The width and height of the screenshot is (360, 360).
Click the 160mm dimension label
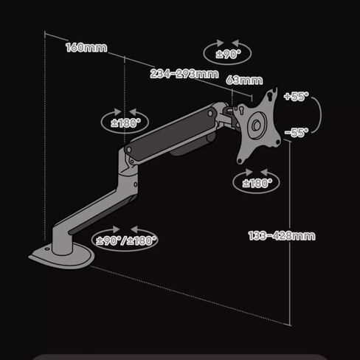tap(86, 47)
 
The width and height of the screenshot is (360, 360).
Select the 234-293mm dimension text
tap(184, 74)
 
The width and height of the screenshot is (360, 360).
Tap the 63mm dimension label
tap(244, 80)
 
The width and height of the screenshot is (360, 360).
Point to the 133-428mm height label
tap(282, 235)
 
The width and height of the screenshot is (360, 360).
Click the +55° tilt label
tap(296, 96)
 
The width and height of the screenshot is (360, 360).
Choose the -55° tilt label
tap(297, 133)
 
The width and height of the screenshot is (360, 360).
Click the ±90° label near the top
tap(229, 54)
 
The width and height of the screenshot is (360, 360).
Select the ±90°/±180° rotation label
tap(126, 240)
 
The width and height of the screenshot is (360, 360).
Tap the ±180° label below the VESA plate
tap(257, 183)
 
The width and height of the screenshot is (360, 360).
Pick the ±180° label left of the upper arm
tap(125, 123)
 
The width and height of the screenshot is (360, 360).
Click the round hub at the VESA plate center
tap(257, 125)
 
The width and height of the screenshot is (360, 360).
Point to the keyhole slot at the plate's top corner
tap(271, 95)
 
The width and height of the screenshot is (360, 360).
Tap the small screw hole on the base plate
tap(47, 249)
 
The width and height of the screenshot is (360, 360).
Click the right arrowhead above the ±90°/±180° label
tap(134, 229)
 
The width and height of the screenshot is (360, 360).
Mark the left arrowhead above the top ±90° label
tap(220, 43)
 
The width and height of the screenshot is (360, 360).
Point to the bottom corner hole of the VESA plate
tap(240, 162)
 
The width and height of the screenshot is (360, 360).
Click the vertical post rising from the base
tap(63, 240)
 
